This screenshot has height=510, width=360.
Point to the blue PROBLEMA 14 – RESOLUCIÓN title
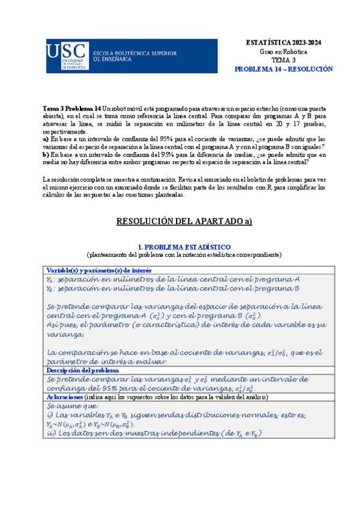pyautogui.click(x=283, y=70)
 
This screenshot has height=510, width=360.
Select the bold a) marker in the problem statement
pyautogui.click(x=46, y=138)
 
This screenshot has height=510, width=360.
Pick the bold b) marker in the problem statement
pyautogui.click(x=46, y=155)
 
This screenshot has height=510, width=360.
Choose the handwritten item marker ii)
pyautogui.click(x=50, y=434)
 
